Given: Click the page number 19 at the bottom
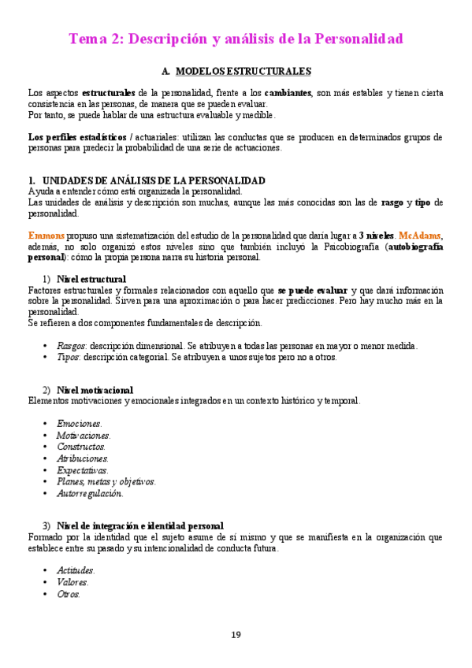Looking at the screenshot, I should pos(236,635).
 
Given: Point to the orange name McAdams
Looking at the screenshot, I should pos(421,235).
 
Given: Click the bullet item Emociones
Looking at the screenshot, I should pos(80,424).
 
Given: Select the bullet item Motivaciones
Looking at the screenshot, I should pos(84,436).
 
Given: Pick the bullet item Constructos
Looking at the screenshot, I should pos(81,447).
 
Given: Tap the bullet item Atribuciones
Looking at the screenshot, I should pos(83,458).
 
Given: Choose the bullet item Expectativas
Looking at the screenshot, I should pos(83,470).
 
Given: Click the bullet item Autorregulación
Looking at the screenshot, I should pos(90,494).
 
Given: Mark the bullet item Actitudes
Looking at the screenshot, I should pos(76,570).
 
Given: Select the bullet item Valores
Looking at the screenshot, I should pos(72,582).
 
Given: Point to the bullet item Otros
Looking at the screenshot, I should pos(69,594).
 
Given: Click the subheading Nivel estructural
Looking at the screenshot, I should pos(91,279).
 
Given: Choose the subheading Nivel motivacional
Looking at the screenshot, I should pos(95,390).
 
